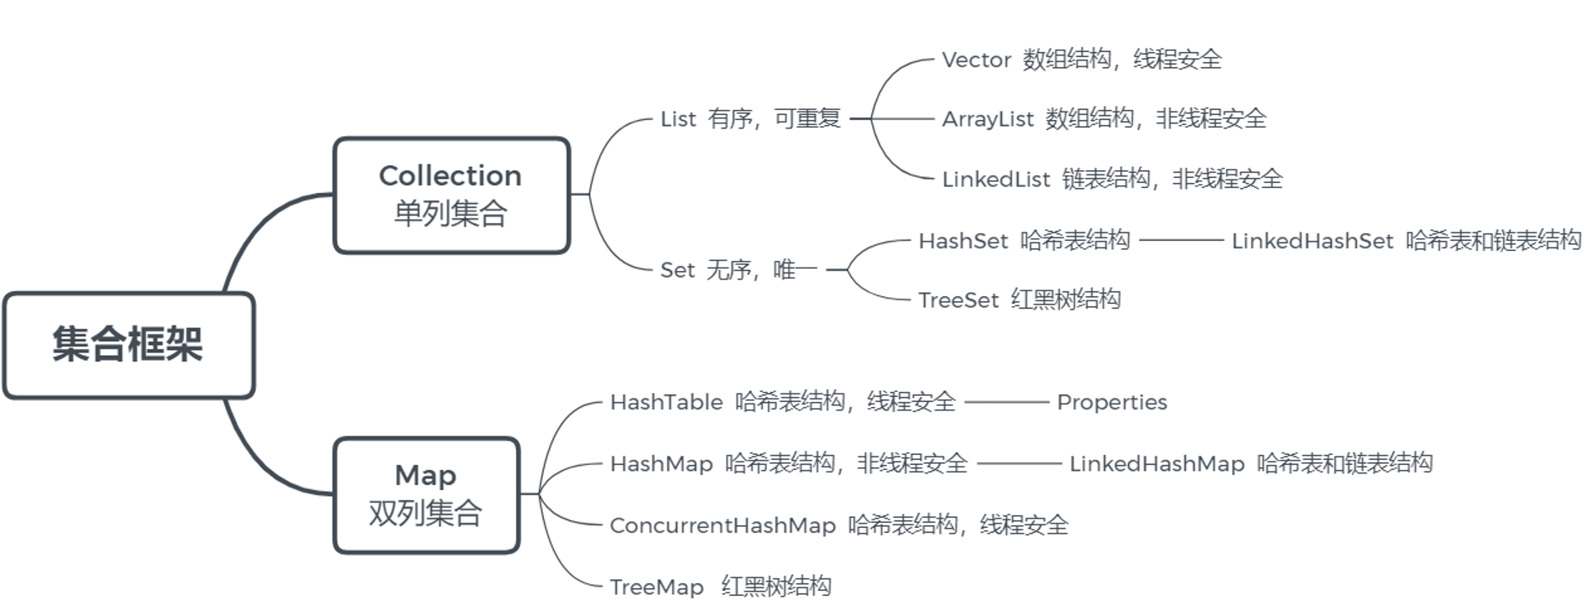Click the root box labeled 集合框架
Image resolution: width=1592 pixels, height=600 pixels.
pos(128,345)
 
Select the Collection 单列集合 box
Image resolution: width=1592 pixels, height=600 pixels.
pos(451,195)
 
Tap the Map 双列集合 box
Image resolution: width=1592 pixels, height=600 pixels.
pos(425,494)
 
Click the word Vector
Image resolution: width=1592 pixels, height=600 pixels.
pos(976,60)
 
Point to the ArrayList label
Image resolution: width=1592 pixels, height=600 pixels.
pos(988,119)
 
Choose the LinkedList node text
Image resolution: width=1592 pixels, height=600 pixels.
pos(995,180)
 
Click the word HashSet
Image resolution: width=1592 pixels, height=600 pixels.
pos(963,241)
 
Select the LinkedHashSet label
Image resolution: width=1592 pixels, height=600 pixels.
pos(1312,241)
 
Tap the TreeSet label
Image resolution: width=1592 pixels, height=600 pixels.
pos(958,300)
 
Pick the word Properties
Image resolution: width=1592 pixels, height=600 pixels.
pos(1111,402)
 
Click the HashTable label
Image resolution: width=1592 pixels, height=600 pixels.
pos(666,402)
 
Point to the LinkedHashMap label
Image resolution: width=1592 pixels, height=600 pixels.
pos(1156,463)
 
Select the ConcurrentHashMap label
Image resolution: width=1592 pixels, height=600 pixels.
pos(723,525)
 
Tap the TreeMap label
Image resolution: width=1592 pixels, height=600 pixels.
pos(656,587)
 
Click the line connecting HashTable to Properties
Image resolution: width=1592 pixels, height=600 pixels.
pos(1006,403)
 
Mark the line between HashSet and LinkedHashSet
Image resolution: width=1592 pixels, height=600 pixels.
pos(1181,241)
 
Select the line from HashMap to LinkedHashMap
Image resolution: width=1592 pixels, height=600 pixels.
pos(1019,463)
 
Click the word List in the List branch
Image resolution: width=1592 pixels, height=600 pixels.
pos(678,119)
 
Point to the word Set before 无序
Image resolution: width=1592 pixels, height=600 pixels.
pos(677,270)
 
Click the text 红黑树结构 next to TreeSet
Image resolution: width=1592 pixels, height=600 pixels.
pos(1065,300)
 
